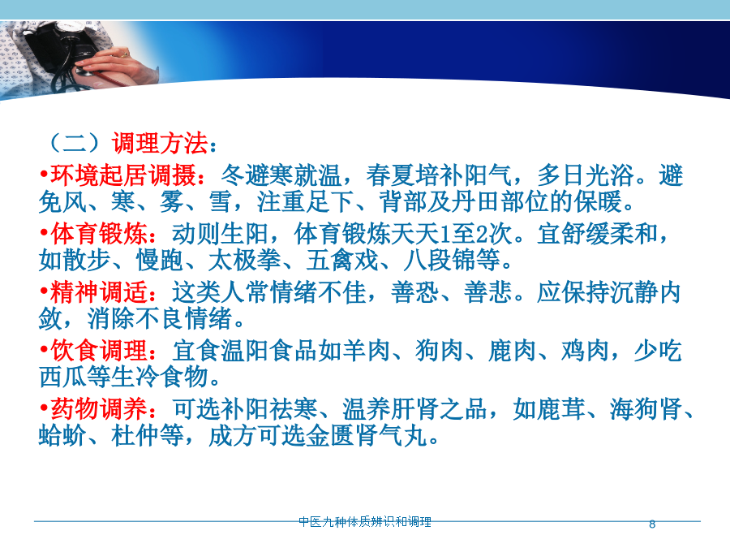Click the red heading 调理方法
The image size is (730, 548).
point(160,143)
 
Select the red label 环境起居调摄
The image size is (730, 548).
point(123,175)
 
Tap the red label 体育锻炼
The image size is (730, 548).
point(99,234)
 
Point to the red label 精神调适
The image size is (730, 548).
point(99,292)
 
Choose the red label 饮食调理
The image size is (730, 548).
point(99,351)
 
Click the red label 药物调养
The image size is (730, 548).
point(99,409)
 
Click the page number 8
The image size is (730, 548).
point(652,524)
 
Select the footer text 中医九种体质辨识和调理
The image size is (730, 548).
point(365,521)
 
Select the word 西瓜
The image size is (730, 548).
point(62,377)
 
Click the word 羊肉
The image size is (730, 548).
point(367,351)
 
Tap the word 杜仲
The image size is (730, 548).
point(135,436)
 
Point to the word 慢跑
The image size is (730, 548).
point(160,260)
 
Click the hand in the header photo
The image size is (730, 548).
point(116,65)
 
